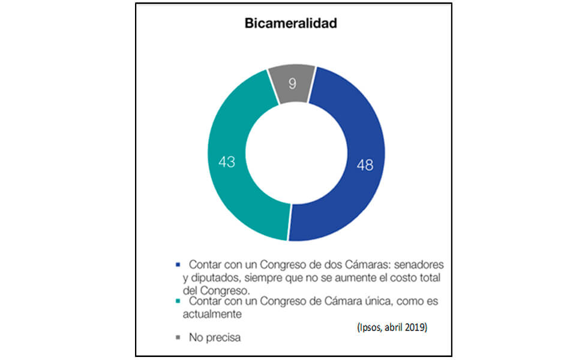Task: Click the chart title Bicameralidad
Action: (291, 25)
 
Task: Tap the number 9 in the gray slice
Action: (292, 83)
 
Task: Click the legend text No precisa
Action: (214, 338)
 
